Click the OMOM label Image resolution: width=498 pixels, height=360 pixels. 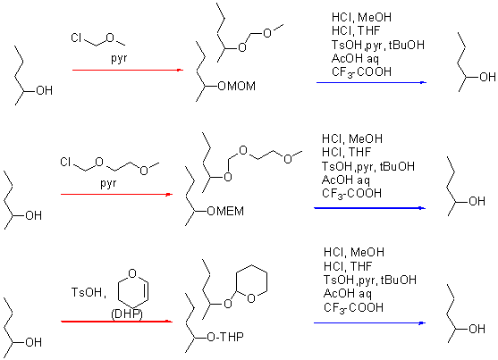click(x=237, y=86)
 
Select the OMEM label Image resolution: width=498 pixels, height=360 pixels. click(x=225, y=211)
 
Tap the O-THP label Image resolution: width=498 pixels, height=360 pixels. click(x=225, y=337)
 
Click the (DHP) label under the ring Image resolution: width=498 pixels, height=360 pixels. click(x=127, y=314)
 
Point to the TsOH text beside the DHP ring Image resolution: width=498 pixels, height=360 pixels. click(x=89, y=292)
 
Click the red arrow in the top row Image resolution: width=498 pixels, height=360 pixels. click(x=128, y=70)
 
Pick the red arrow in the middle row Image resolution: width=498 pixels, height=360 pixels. click(x=116, y=194)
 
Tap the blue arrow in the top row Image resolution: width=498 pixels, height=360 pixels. click(x=371, y=82)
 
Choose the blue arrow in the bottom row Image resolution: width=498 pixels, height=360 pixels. click(x=369, y=323)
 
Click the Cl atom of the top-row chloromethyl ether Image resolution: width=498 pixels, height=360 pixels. click(x=77, y=38)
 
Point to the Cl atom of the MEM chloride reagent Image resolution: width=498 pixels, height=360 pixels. click(x=66, y=163)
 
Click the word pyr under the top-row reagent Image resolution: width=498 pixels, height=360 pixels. click(x=119, y=58)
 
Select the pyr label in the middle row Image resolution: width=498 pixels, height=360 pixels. click(x=108, y=183)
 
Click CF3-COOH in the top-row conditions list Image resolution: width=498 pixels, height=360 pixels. click(x=361, y=72)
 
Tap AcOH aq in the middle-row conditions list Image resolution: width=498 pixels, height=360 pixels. click(x=345, y=180)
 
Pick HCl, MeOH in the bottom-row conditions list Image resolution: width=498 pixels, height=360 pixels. click(x=354, y=253)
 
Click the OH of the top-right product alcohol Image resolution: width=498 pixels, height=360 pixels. click(x=487, y=77)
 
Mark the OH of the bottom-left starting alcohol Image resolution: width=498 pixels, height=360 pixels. click(x=33, y=342)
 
